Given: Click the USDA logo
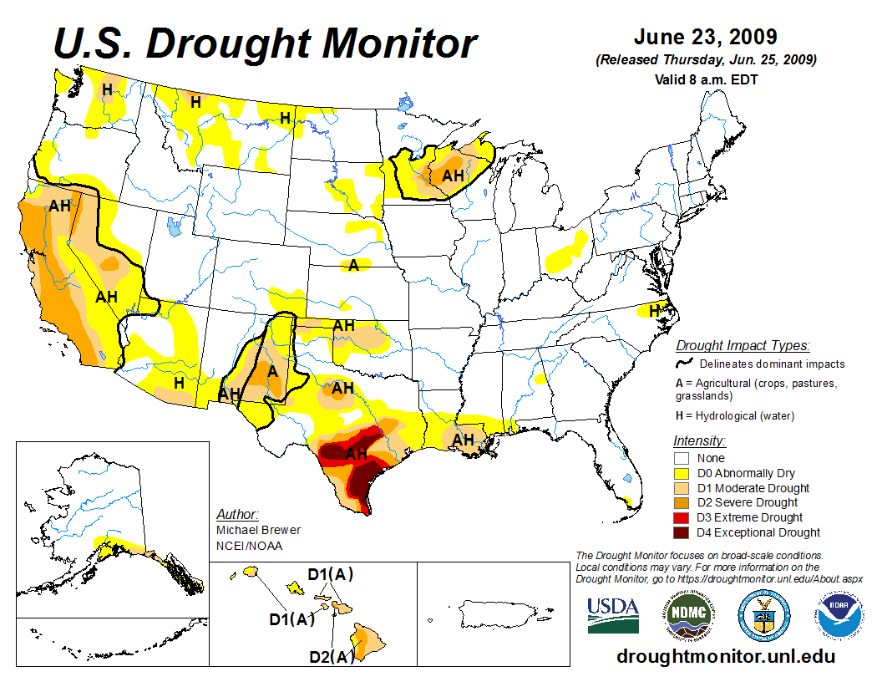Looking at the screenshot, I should pos(613,615).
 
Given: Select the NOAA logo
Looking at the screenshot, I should pos(835,616).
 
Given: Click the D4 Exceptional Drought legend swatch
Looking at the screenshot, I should pos(681,532).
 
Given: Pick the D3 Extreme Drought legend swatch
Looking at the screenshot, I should pos(681,517).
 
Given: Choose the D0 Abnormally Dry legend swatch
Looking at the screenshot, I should pos(681,473).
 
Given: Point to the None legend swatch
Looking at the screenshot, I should pos(681,458).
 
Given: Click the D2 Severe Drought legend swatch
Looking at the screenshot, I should pos(681,502).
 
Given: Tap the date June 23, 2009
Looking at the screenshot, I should pos(705,38).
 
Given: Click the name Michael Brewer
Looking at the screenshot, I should pos(258,530).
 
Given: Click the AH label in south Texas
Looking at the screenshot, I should pos(357,454).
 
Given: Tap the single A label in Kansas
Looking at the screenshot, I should pos(353,266).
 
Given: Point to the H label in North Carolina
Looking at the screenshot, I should pos(655,310).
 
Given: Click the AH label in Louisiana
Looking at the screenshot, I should pos(464,440).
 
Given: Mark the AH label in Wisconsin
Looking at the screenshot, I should pos(453,176).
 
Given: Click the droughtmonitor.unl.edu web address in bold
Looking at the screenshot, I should pos(725,656).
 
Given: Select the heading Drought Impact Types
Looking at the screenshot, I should pos(743,345).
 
